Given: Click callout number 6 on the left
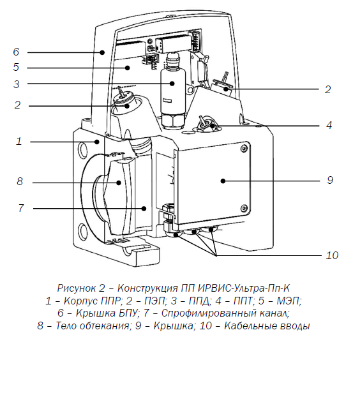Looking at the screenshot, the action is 16,52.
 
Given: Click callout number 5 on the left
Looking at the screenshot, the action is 16,67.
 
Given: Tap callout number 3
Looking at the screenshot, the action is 16,84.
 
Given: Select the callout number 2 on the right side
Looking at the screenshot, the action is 327,89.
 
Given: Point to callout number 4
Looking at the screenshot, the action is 329,125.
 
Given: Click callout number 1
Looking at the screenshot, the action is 19,141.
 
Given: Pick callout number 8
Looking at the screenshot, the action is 20,181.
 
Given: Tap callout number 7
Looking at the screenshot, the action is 21,208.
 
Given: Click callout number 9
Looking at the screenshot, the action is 330,180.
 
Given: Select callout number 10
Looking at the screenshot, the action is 332,255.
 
